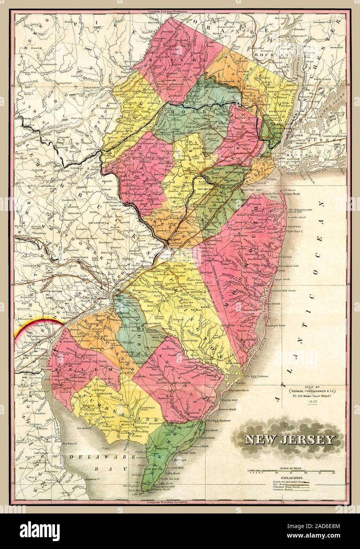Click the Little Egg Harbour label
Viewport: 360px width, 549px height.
pyautogui.click(x=257, y=376)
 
